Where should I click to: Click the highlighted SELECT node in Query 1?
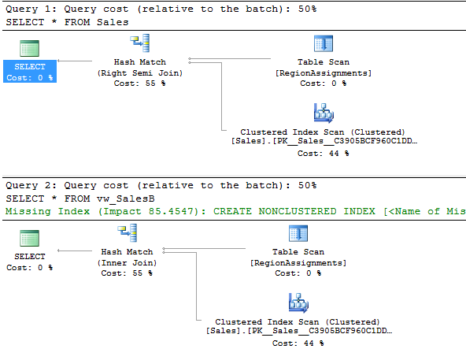click(30, 72)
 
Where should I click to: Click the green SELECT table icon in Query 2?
click(29, 239)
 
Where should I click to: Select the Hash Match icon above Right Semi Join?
click(139, 43)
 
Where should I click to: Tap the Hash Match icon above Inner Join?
click(128, 233)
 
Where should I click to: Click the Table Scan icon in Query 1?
click(324, 44)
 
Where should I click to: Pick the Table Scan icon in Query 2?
click(298, 233)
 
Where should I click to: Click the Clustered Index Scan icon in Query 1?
click(324, 113)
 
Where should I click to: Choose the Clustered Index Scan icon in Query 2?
click(298, 302)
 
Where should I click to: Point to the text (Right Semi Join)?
click(140, 73)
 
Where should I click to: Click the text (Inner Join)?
click(127, 262)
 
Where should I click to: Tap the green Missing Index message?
click(235, 211)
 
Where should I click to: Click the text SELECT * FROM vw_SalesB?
click(80, 199)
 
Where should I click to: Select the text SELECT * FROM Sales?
click(67, 22)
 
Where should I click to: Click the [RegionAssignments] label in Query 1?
click(324, 73)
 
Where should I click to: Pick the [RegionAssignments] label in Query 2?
click(298, 262)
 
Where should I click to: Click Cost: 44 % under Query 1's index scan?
click(323, 154)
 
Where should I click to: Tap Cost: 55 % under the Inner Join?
click(127, 273)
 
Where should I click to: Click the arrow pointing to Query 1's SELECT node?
click(75, 61)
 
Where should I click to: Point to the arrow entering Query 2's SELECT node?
click(75, 251)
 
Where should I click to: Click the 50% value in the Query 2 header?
click(307, 185)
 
